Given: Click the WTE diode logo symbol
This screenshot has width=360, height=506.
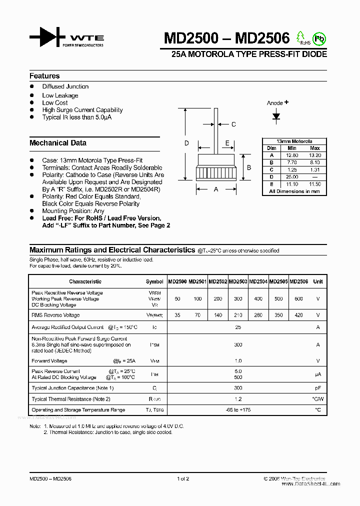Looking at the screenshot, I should coord(47,38).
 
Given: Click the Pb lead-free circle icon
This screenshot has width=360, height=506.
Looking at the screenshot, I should coord(318,38).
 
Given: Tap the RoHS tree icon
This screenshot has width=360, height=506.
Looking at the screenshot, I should coord(301,37).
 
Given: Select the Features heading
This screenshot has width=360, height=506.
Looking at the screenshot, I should coord(44,76).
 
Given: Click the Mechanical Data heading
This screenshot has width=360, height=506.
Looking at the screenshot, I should coord(58,143).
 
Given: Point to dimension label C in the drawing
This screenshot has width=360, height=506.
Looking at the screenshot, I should coord(233,124).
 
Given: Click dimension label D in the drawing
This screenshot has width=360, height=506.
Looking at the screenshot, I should coord(186,143).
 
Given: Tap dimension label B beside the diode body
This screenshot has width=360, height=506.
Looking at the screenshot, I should coord(249,167).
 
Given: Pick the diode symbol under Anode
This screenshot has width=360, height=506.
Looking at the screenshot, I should coord(276,116).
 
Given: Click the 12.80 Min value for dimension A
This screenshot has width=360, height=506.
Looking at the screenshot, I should coord(292,155).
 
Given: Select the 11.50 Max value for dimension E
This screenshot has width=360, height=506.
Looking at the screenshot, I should coord(315,184).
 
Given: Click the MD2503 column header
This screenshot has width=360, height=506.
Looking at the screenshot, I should coord(238,281).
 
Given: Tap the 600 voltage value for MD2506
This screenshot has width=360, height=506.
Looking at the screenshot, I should coord(298,298).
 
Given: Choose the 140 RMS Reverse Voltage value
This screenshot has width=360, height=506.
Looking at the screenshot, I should coord(217,315).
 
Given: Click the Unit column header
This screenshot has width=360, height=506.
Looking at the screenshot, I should coord(318,281).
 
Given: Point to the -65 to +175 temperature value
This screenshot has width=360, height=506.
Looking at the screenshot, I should coord(238,410).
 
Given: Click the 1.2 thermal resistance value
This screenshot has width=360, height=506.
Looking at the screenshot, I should coord(238,399).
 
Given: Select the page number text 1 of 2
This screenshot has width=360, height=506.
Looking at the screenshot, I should coord(183,479).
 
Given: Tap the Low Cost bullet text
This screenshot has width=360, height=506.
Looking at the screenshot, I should coord(55,102).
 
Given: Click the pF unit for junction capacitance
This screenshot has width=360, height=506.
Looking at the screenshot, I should coord(317,388).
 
